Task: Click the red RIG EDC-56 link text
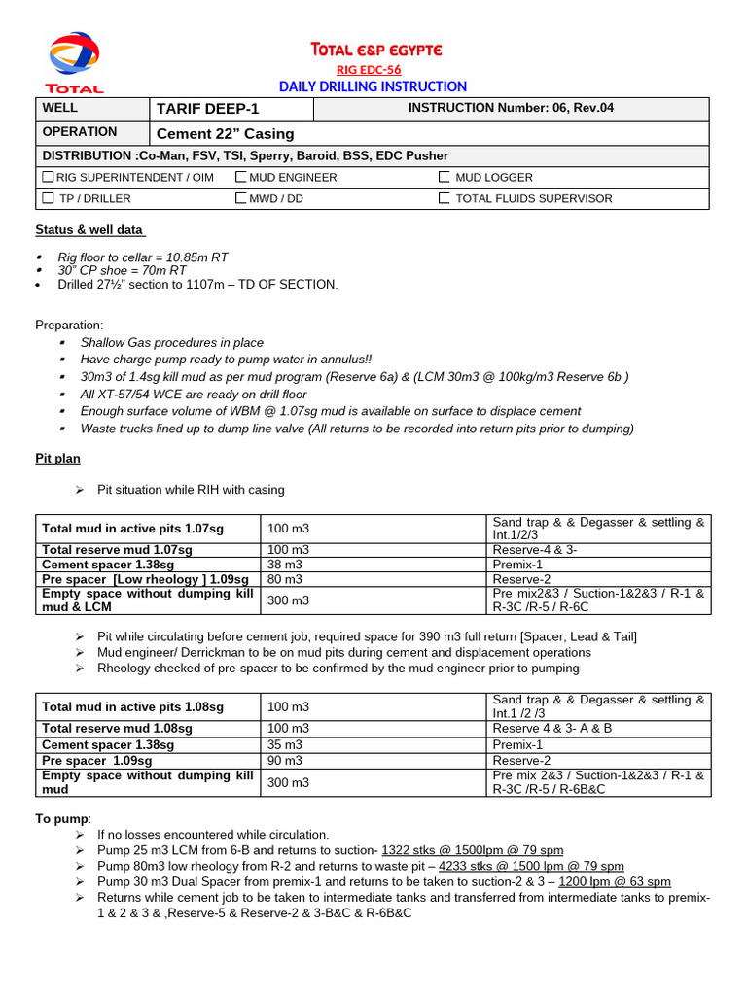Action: tap(369, 69)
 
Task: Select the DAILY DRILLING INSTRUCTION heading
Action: tap(373, 86)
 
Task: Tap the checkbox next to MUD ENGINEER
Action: tap(240, 177)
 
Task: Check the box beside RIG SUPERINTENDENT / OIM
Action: tap(48, 177)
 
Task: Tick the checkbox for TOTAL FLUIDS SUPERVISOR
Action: tap(444, 198)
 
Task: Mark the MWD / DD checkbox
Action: tap(240, 198)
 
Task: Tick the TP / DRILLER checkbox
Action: tap(48, 198)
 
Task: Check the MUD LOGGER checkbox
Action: tap(444, 177)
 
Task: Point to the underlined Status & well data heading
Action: tap(90, 230)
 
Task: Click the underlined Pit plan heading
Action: tap(57, 458)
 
